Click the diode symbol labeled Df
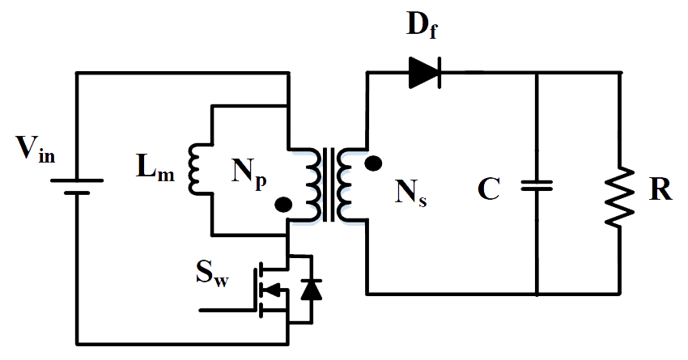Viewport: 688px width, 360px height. (424, 73)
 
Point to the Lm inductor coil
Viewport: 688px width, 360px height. (194, 170)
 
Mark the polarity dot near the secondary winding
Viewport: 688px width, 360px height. (373, 163)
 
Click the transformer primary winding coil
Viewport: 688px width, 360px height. (311, 184)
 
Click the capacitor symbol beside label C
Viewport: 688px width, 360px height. (537, 185)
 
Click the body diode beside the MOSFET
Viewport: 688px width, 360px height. (308, 289)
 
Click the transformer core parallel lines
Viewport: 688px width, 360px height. (329, 184)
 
